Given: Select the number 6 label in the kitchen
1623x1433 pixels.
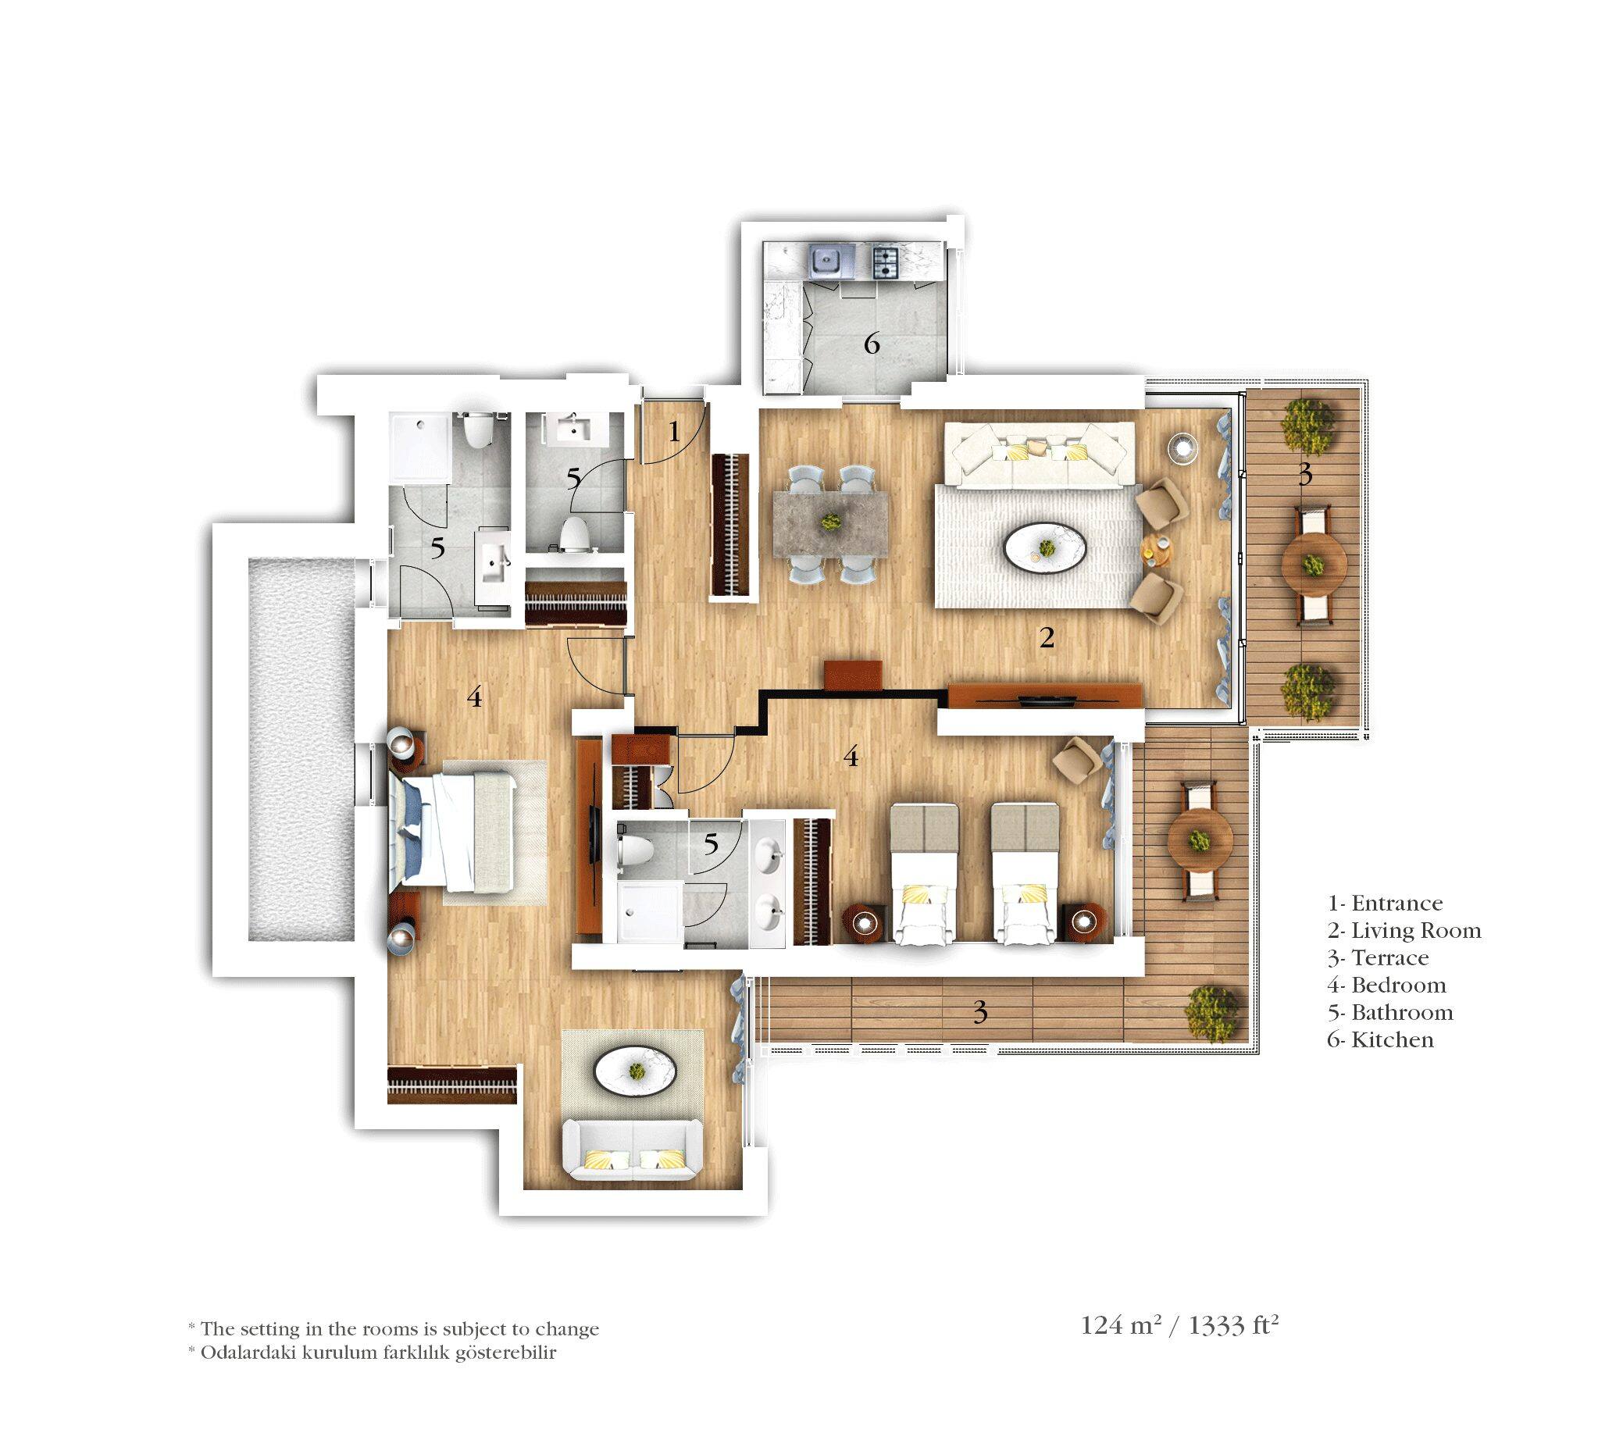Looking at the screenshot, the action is (x=872, y=344).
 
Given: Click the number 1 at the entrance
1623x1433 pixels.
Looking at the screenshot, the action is (x=674, y=432).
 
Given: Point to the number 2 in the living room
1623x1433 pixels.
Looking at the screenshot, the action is (x=1047, y=636).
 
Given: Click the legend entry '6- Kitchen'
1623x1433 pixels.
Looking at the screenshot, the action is (x=1380, y=1040).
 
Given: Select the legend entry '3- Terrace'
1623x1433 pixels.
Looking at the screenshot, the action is (x=1378, y=958).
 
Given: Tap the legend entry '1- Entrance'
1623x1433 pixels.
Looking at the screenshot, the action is (x=1385, y=904).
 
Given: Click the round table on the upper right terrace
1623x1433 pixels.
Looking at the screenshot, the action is (x=1314, y=565).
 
